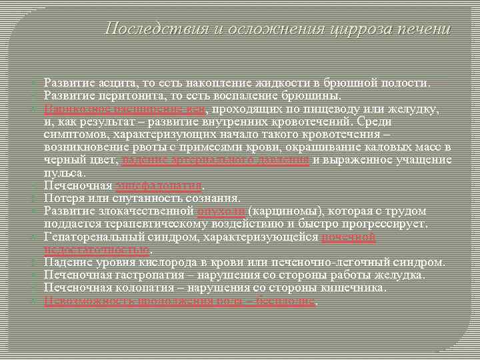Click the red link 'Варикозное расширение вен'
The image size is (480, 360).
point(126,109)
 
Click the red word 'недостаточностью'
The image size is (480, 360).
point(97,250)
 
